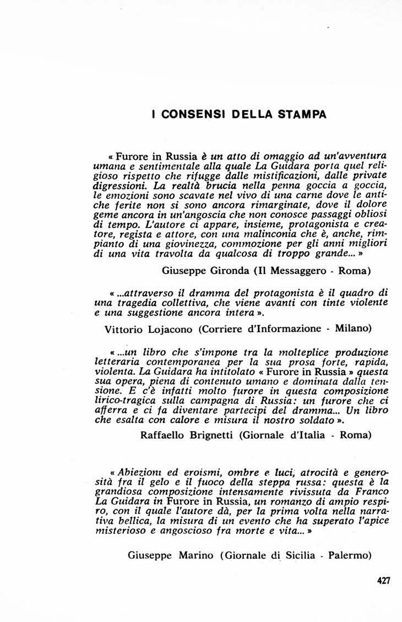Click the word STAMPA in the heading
303,115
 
